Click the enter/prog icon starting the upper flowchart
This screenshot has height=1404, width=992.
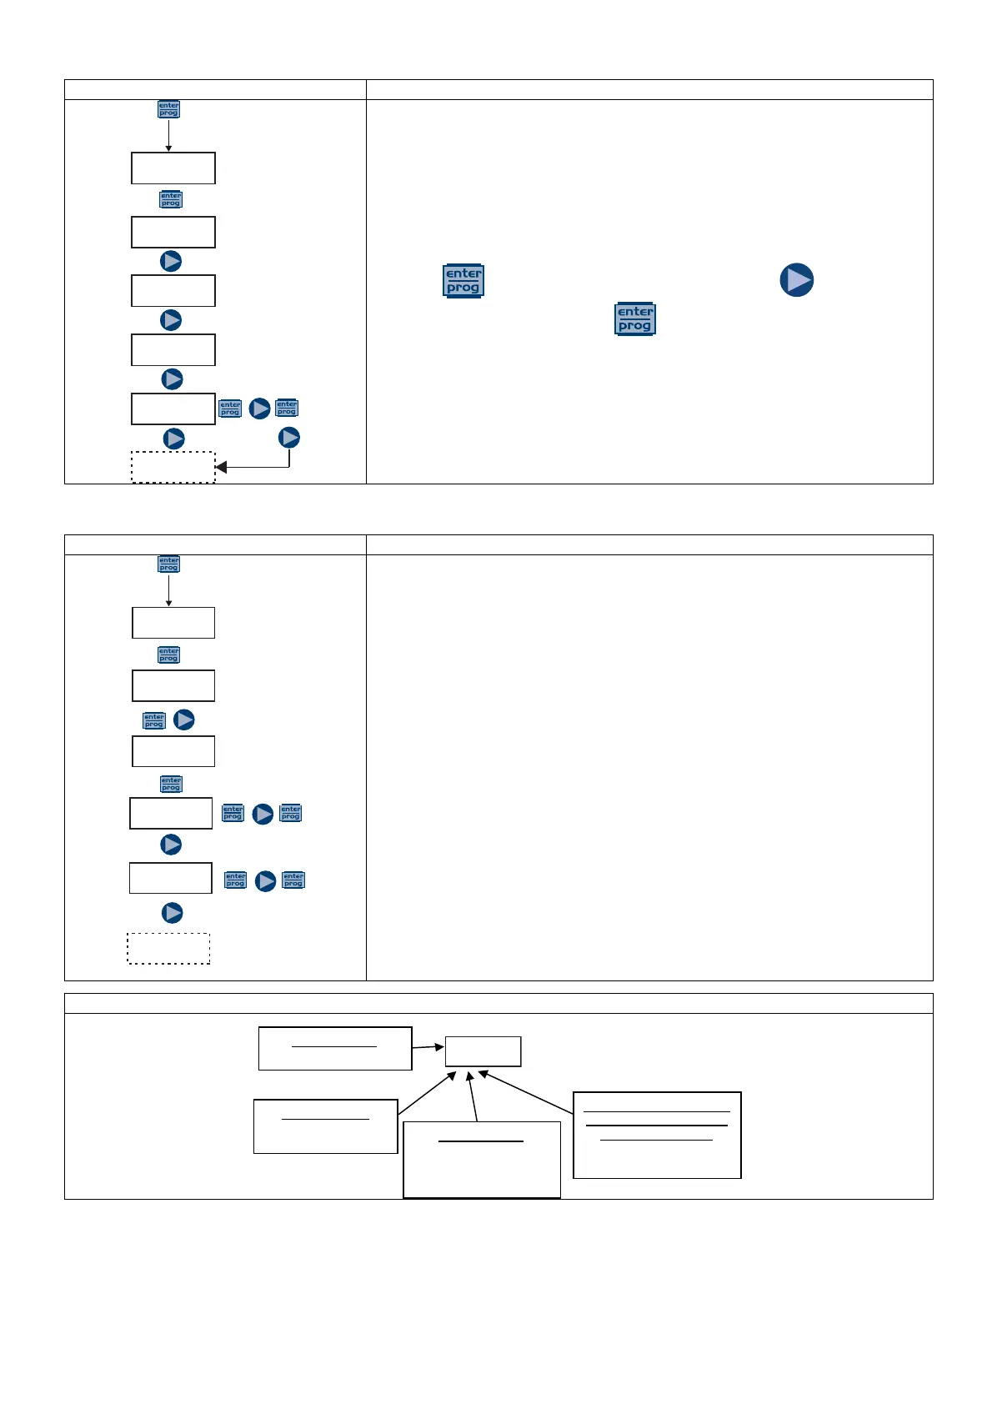[x=169, y=109]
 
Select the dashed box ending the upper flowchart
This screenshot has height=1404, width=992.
[x=173, y=467]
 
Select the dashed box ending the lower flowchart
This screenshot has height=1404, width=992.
[x=168, y=949]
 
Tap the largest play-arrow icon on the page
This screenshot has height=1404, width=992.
[x=797, y=280]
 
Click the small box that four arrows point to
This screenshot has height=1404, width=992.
[x=483, y=1051]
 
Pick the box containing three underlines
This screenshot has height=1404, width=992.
[x=657, y=1135]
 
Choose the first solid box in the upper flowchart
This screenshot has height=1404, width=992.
[x=173, y=168]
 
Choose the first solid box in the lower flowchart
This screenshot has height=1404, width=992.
[x=173, y=623]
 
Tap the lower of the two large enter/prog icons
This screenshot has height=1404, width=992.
[x=635, y=318]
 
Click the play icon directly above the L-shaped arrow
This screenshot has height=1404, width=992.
[x=289, y=438]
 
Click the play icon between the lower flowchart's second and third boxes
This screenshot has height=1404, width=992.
[x=184, y=720]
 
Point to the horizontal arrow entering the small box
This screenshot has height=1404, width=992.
[x=428, y=1047]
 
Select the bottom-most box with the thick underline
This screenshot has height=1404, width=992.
[x=482, y=1159]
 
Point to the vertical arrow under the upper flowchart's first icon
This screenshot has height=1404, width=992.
[x=168, y=136]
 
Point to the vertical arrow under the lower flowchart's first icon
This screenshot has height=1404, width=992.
[x=168, y=590]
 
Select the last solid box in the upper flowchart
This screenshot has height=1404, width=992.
[x=173, y=409]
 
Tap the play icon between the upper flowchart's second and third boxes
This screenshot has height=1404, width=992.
[x=171, y=261]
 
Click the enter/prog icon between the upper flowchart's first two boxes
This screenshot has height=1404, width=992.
[x=171, y=199]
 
